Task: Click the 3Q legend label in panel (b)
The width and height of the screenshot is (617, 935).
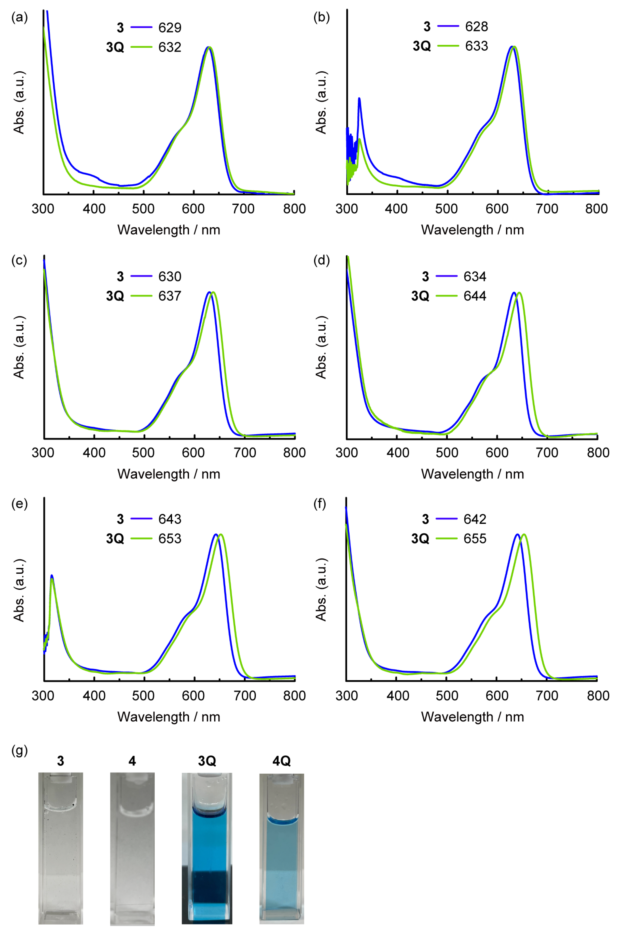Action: tap(422, 46)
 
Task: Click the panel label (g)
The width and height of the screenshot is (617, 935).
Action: tap(20, 750)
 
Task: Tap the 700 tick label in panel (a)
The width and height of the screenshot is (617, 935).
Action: tap(243, 209)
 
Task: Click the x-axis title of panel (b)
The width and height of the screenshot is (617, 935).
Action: tap(472, 230)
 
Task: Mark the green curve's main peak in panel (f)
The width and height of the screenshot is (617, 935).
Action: tap(524, 535)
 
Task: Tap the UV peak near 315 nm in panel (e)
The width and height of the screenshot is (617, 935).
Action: tap(51, 576)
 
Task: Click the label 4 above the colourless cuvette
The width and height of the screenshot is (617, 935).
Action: tap(132, 761)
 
